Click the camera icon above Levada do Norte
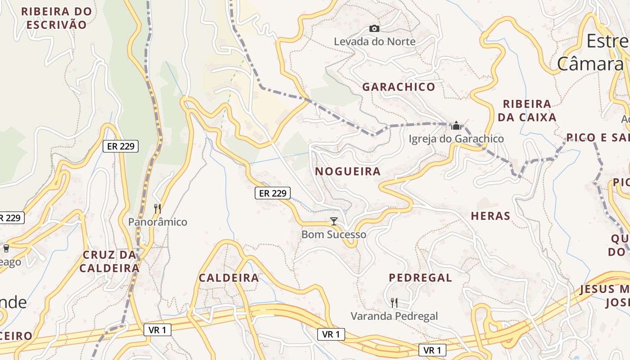click(x=374, y=29)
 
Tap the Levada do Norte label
click(x=374, y=41)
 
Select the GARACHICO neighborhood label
click(x=399, y=87)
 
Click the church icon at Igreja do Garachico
click(x=456, y=126)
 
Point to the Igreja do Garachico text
click(x=456, y=139)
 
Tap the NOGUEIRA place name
click(x=348, y=171)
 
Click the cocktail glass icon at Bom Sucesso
click(x=334, y=221)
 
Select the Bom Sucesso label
click(x=333, y=234)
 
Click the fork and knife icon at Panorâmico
click(x=157, y=208)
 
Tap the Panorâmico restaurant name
click(x=157, y=222)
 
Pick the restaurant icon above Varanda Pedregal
click(x=394, y=303)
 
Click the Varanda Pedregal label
click(x=394, y=316)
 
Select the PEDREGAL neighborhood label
click(x=420, y=278)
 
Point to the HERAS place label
click(x=490, y=216)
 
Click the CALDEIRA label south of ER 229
click(x=229, y=278)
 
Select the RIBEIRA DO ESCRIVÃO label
click(x=56, y=18)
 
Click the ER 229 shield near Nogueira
click(x=273, y=193)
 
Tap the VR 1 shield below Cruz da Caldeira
click(x=157, y=330)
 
